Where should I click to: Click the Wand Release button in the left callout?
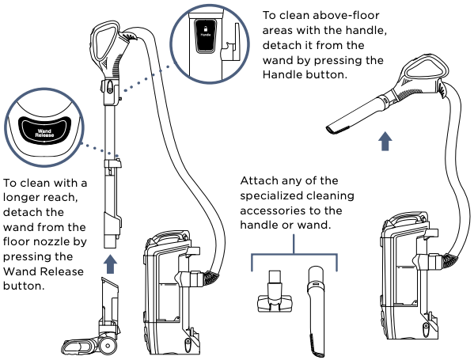pos(44,127)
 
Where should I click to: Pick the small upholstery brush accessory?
pos(272,294)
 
